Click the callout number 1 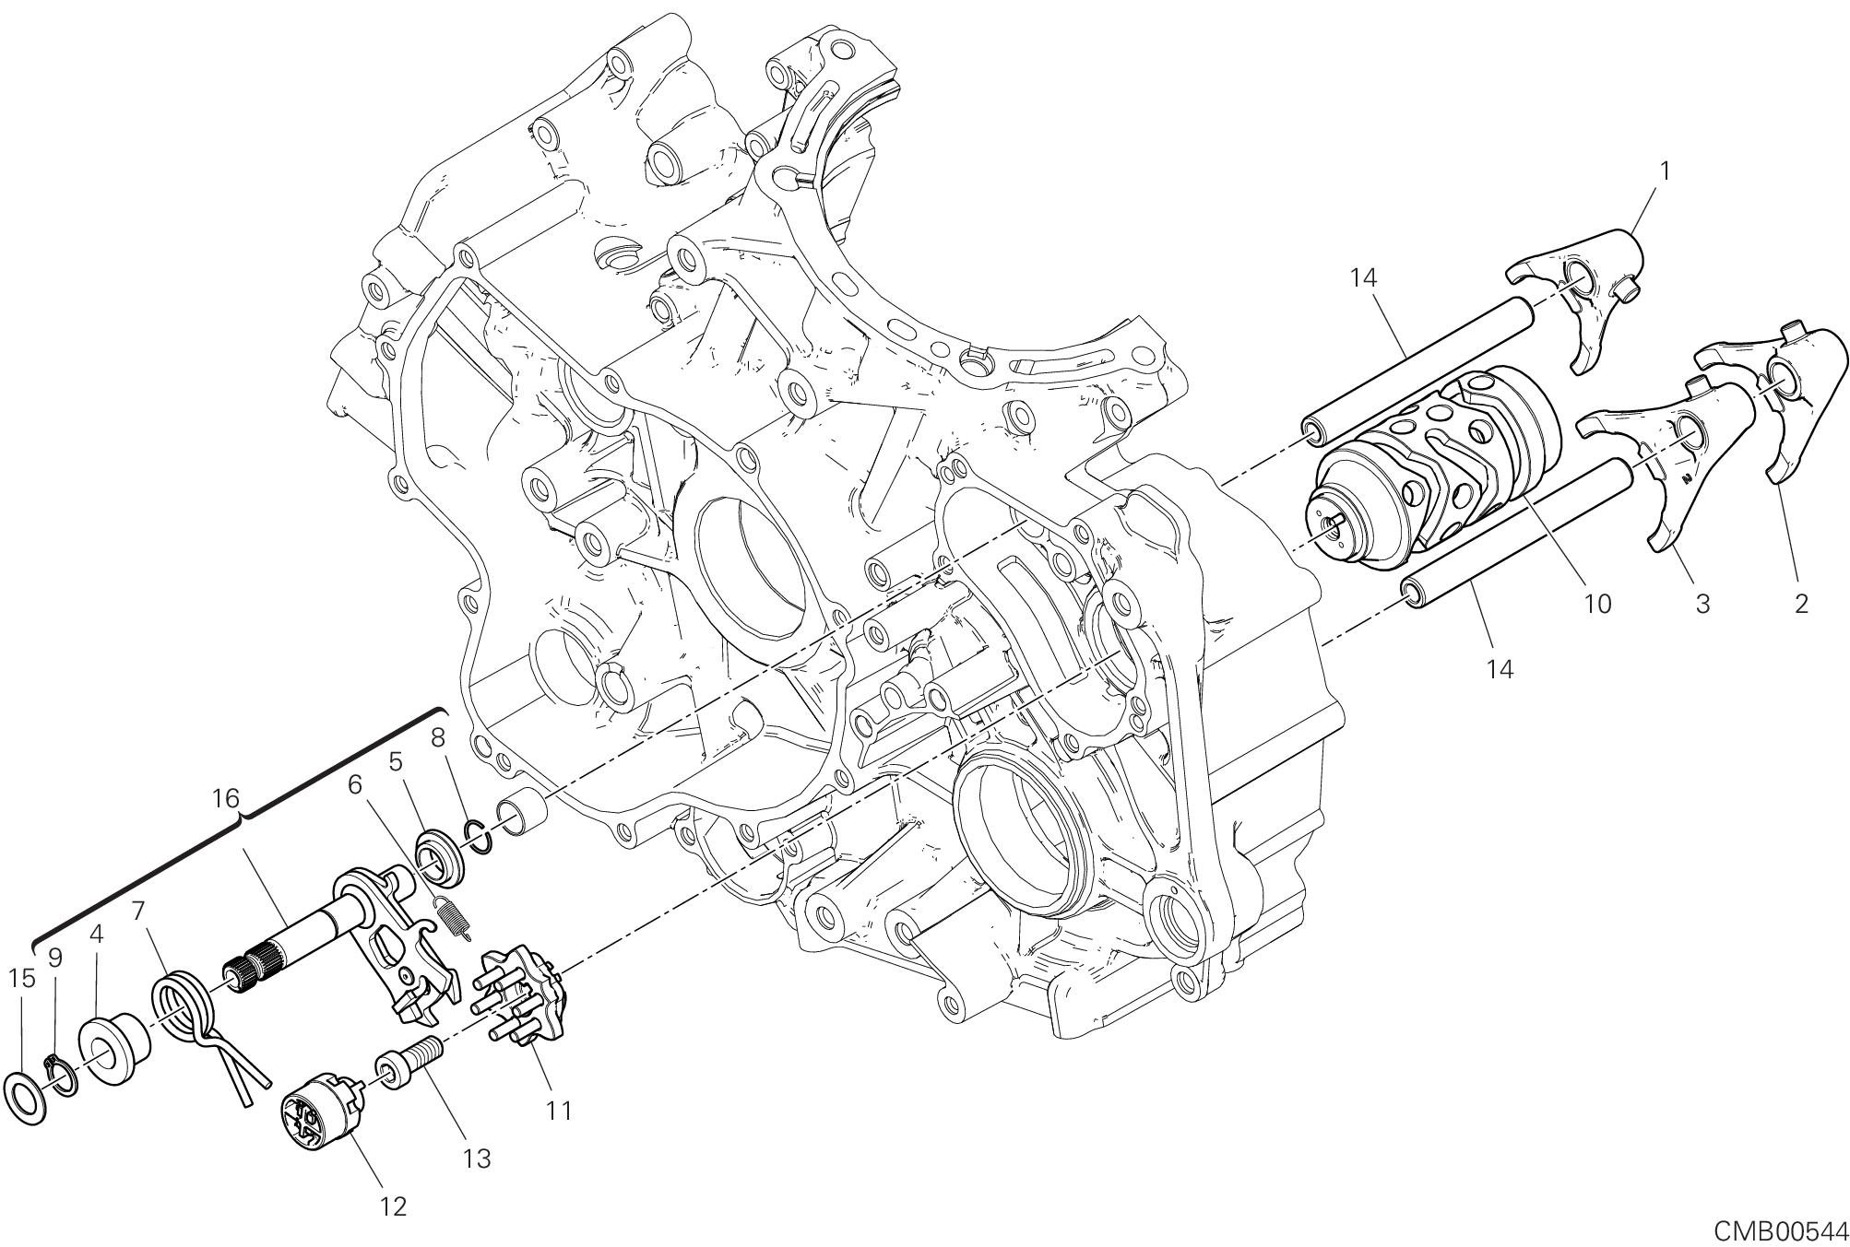point(1665,171)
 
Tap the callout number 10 point(1597,604)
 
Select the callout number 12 point(393,1206)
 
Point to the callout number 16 point(226,798)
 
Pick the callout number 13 point(477,1158)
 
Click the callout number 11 point(559,1111)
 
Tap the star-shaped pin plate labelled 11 point(521,997)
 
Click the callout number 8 point(438,736)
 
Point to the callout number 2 point(1800,604)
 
